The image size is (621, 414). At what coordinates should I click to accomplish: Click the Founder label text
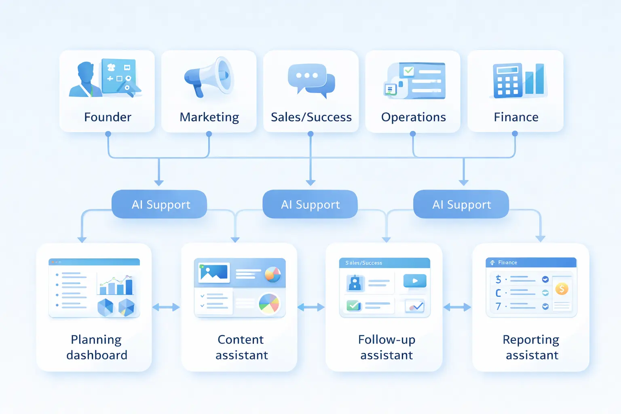(108, 117)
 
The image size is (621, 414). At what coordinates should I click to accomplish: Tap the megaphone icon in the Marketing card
(209, 77)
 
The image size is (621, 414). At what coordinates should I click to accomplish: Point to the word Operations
(413, 117)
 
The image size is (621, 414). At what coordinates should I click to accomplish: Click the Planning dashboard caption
(97, 347)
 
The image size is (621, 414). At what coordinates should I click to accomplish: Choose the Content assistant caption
(241, 347)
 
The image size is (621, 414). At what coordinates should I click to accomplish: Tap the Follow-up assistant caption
(387, 347)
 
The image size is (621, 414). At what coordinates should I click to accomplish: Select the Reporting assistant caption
(532, 347)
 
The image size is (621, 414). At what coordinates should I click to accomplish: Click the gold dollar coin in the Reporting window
(562, 289)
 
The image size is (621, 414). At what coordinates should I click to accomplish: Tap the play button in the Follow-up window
(415, 281)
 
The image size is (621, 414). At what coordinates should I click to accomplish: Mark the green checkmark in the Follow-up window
(354, 305)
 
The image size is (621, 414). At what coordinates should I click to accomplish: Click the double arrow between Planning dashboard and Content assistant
(166, 307)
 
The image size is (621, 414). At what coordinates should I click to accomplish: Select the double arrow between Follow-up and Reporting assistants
(457, 307)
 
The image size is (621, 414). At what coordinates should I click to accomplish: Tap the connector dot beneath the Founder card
(108, 134)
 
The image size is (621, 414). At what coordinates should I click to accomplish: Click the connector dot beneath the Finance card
(515, 133)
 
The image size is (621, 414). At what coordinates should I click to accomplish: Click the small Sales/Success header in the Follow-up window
(364, 263)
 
